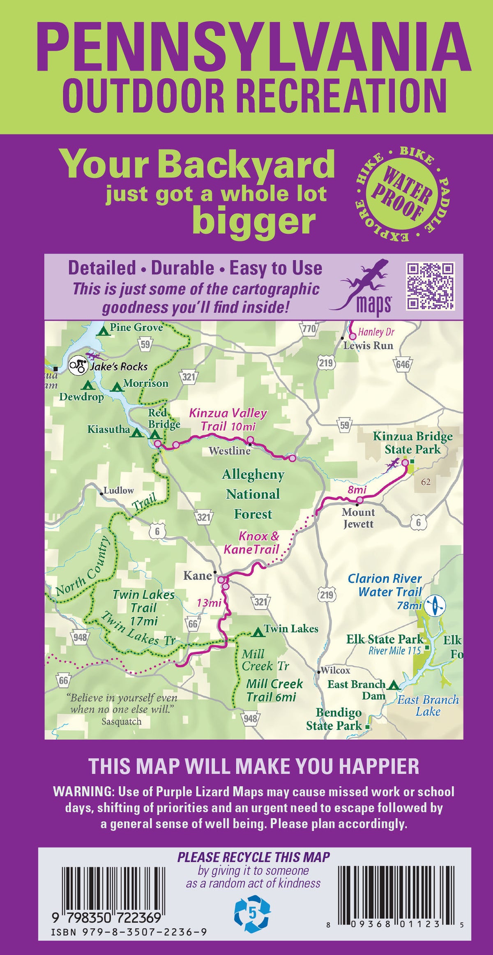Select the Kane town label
(x=197, y=575)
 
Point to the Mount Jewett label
(x=358, y=518)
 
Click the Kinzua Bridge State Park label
(x=412, y=443)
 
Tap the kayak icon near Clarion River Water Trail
(x=435, y=605)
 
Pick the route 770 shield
(x=309, y=329)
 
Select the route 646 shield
(x=403, y=364)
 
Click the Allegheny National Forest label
(x=253, y=494)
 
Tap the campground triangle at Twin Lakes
(x=258, y=632)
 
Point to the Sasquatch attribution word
(x=122, y=721)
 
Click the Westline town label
(x=229, y=451)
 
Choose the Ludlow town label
(x=118, y=490)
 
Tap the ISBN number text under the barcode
(x=129, y=943)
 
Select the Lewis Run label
(x=368, y=346)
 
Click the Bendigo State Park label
(x=334, y=719)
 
